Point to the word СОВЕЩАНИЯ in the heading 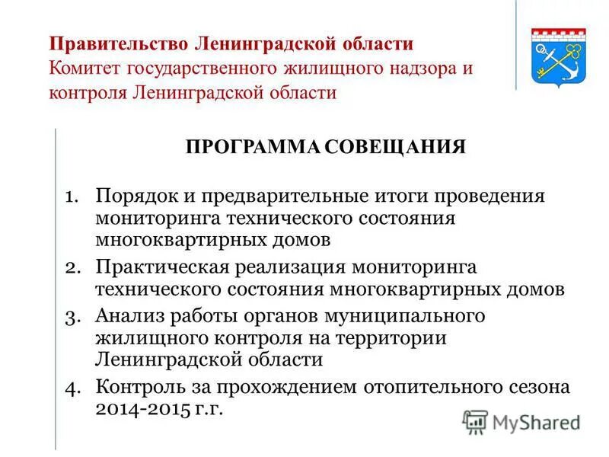coord(394,146)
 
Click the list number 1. coord(71,196)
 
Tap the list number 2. coord(71,267)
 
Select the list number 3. coord(71,315)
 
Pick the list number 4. coord(71,387)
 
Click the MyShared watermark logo coord(521,421)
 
